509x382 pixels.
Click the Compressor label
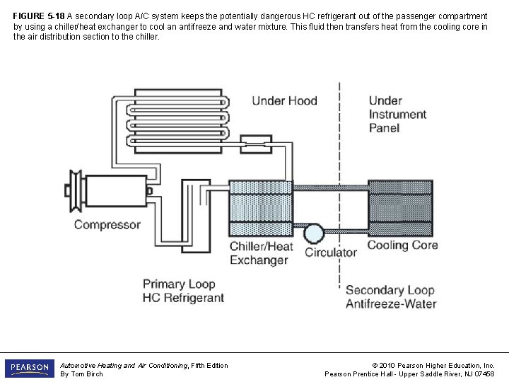107,225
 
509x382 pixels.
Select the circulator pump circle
313,233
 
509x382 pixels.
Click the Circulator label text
331,253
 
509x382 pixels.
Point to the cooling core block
399,208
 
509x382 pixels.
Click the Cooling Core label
402,245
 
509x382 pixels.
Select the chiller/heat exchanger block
260,208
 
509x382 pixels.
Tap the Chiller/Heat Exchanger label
261,253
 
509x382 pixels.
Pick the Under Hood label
284,101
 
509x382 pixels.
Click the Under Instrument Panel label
397,115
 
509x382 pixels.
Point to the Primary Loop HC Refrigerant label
183,291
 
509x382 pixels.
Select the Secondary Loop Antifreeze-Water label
391,297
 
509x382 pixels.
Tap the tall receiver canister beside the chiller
195,214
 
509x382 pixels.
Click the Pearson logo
29,369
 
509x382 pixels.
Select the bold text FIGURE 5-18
39,16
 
